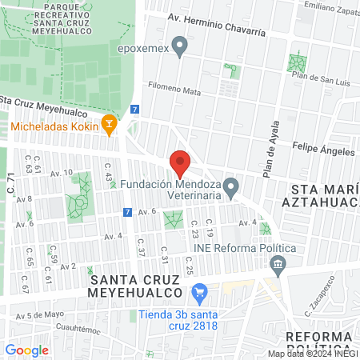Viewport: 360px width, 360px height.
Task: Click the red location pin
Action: (181, 162)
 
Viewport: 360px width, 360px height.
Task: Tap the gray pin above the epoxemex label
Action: (180, 49)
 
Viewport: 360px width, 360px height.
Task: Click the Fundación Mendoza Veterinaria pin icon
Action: (231, 188)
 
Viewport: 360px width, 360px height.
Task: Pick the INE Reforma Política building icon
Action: (278, 263)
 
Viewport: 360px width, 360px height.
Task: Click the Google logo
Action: (26, 350)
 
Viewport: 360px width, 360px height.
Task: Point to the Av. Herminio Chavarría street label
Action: (216, 18)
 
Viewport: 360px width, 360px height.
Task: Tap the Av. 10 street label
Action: (61, 172)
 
